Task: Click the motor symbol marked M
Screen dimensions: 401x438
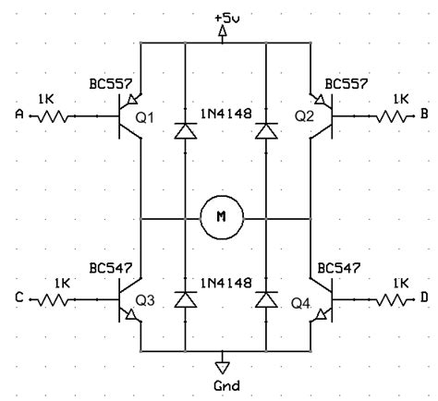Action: (220, 217)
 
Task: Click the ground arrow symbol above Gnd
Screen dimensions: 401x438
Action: (221, 361)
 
